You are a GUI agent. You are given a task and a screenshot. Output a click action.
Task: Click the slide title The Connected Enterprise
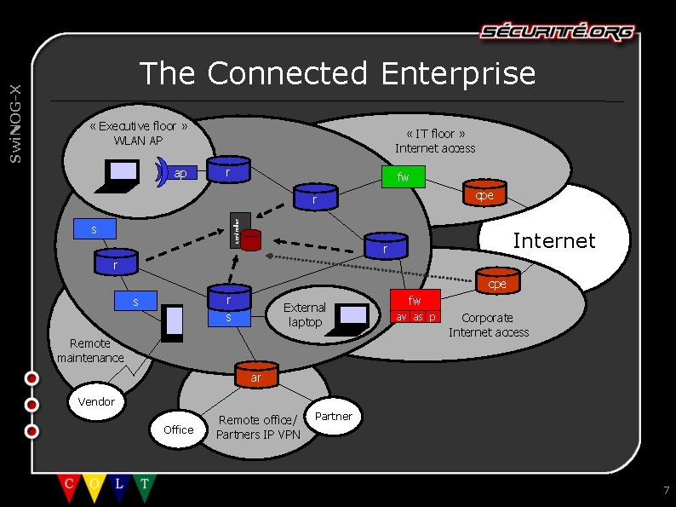click(337, 73)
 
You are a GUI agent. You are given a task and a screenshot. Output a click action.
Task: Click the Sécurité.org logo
click(557, 32)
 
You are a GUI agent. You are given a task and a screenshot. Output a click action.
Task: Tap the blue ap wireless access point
click(180, 173)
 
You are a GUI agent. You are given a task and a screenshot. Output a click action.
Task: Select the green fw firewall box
click(403, 177)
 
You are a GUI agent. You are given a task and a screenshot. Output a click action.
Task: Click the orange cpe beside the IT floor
click(484, 194)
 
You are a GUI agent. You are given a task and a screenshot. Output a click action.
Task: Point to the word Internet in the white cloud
click(553, 241)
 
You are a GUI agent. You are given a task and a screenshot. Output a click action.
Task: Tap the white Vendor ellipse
click(96, 401)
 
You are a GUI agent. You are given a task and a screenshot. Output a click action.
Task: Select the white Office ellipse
click(178, 429)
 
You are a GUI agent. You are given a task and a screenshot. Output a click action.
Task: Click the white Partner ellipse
click(333, 417)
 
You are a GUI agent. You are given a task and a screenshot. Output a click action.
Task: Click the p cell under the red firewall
click(433, 317)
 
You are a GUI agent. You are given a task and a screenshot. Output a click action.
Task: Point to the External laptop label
click(304, 314)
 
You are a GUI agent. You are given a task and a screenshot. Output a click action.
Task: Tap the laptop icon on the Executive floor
click(120, 174)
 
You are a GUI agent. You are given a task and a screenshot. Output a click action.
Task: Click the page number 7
click(666, 490)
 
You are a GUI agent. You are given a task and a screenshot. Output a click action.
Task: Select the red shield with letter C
click(68, 487)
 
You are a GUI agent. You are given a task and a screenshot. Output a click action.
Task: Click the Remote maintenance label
click(90, 350)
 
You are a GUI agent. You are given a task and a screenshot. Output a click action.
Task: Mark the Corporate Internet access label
click(488, 325)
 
